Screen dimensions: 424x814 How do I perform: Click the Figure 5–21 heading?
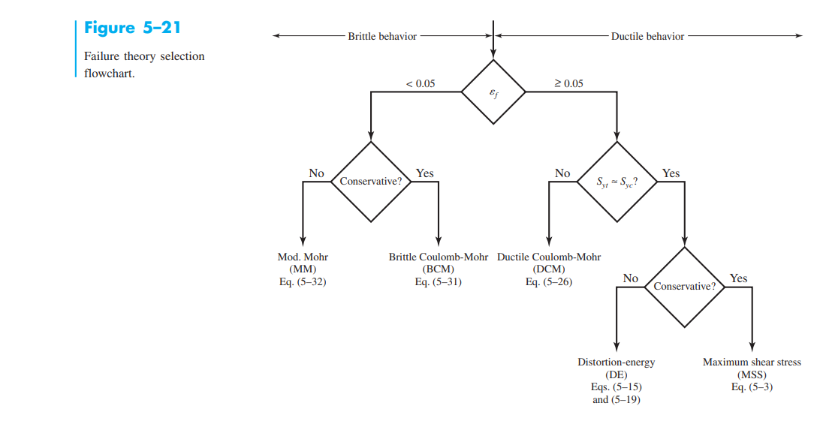coord(131,28)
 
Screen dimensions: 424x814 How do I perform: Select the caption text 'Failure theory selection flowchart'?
coord(143,65)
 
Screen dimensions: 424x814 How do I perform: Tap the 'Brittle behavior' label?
coord(382,36)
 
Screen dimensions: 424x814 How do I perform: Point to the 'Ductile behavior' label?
coord(647,36)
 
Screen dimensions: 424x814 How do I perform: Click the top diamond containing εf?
coord(493,92)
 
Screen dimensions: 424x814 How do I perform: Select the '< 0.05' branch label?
coord(420,83)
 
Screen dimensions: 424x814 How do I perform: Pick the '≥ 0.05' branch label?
coord(568,83)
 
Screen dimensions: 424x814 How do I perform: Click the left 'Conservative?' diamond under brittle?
coord(370,182)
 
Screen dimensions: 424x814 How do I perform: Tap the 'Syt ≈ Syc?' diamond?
coord(617,182)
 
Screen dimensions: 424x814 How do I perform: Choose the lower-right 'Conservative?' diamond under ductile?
coord(684,286)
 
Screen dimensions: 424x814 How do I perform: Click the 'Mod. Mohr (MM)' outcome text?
coord(303,262)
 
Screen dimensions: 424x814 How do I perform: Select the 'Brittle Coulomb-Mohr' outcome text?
coord(438,257)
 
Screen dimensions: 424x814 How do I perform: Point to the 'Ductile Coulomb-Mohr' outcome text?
coord(549,257)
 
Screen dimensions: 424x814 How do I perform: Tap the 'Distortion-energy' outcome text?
coord(616,362)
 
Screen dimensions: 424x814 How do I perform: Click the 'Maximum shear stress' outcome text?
coord(752,362)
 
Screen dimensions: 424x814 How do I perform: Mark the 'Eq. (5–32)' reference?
coord(303,282)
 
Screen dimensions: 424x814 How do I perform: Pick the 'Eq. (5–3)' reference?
coord(752,387)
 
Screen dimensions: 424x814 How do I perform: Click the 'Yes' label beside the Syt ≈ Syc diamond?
coord(671,173)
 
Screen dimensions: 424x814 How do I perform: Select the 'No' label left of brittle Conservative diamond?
coord(316,173)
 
